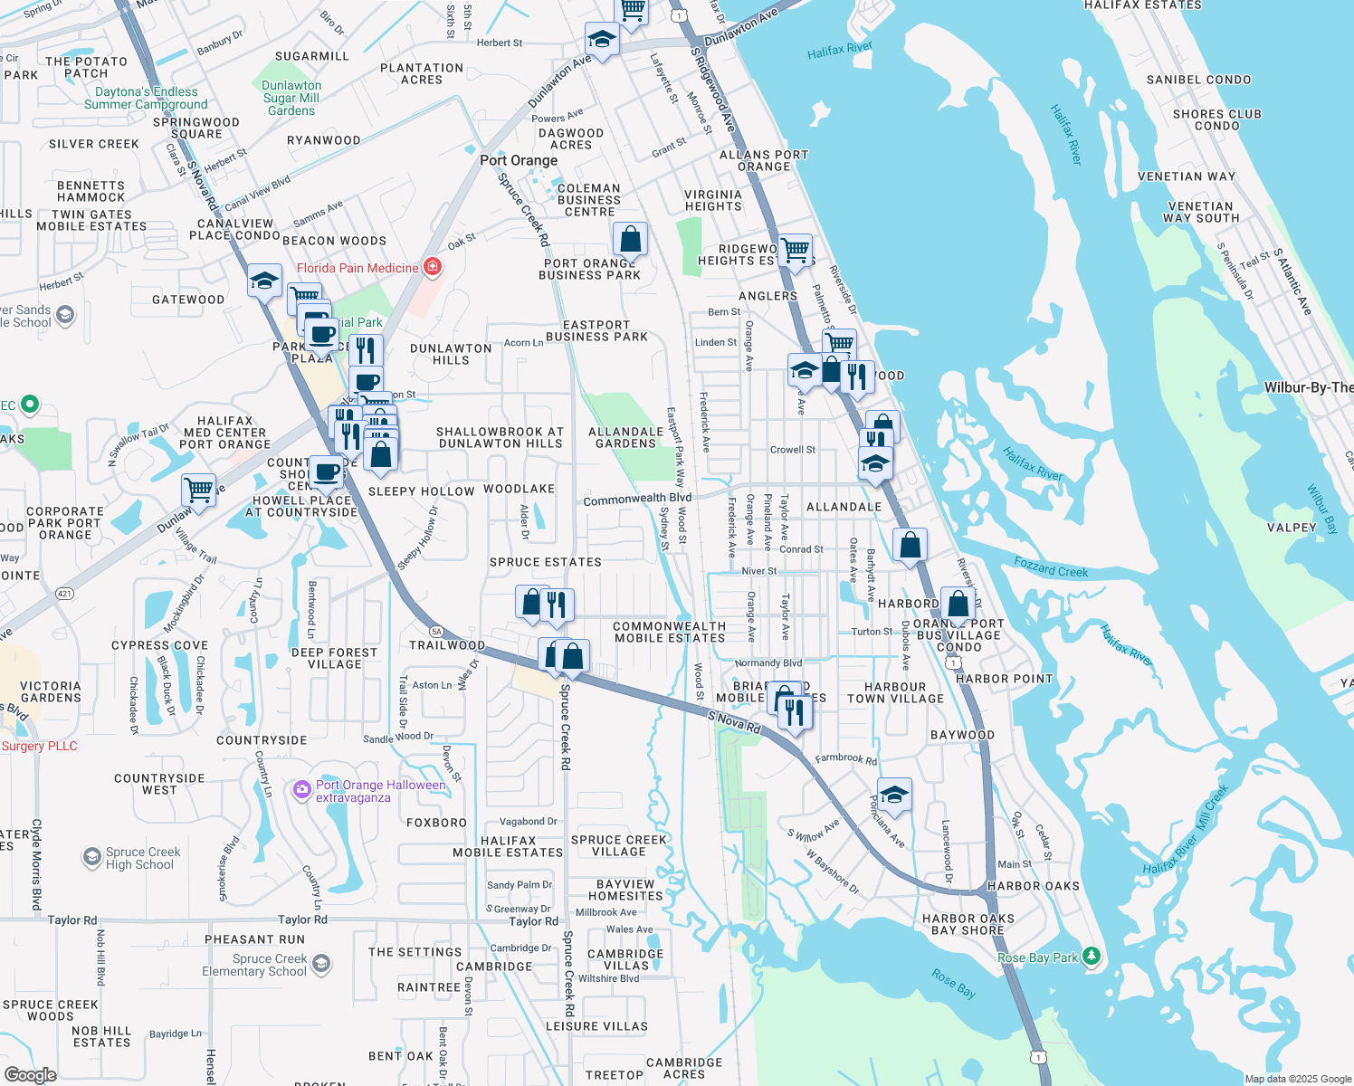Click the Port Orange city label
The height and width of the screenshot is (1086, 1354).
coord(519,160)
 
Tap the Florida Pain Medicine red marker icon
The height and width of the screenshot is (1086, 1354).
coord(433,267)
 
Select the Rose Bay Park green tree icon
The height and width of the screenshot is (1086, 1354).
coord(1092,956)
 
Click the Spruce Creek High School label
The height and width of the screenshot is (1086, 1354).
coord(142,858)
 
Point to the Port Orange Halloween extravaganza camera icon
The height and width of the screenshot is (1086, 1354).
coord(301,790)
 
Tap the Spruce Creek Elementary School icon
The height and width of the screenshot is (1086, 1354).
coord(321,965)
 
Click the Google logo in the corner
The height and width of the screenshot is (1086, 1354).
coord(30,1074)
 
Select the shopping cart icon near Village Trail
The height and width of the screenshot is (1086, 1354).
coord(198,490)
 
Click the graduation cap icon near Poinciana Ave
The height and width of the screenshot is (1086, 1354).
coord(893,795)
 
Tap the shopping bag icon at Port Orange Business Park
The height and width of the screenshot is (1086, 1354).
coord(630,239)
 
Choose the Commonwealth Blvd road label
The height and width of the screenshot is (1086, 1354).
coord(637,499)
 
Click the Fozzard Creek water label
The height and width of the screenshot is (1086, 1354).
coord(1051,567)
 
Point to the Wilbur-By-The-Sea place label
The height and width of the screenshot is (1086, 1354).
coord(1308,387)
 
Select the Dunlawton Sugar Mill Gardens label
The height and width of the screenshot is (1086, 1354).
coord(291,98)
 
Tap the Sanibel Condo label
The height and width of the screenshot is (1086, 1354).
coord(1198,80)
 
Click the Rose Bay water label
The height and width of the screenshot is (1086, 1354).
coord(954,983)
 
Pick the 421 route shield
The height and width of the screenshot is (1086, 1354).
coord(64,594)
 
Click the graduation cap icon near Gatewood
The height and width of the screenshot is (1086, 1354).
coord(264,281)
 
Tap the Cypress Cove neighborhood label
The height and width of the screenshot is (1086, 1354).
coord(159,645)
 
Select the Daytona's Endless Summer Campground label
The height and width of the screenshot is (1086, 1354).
coord(146,98)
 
